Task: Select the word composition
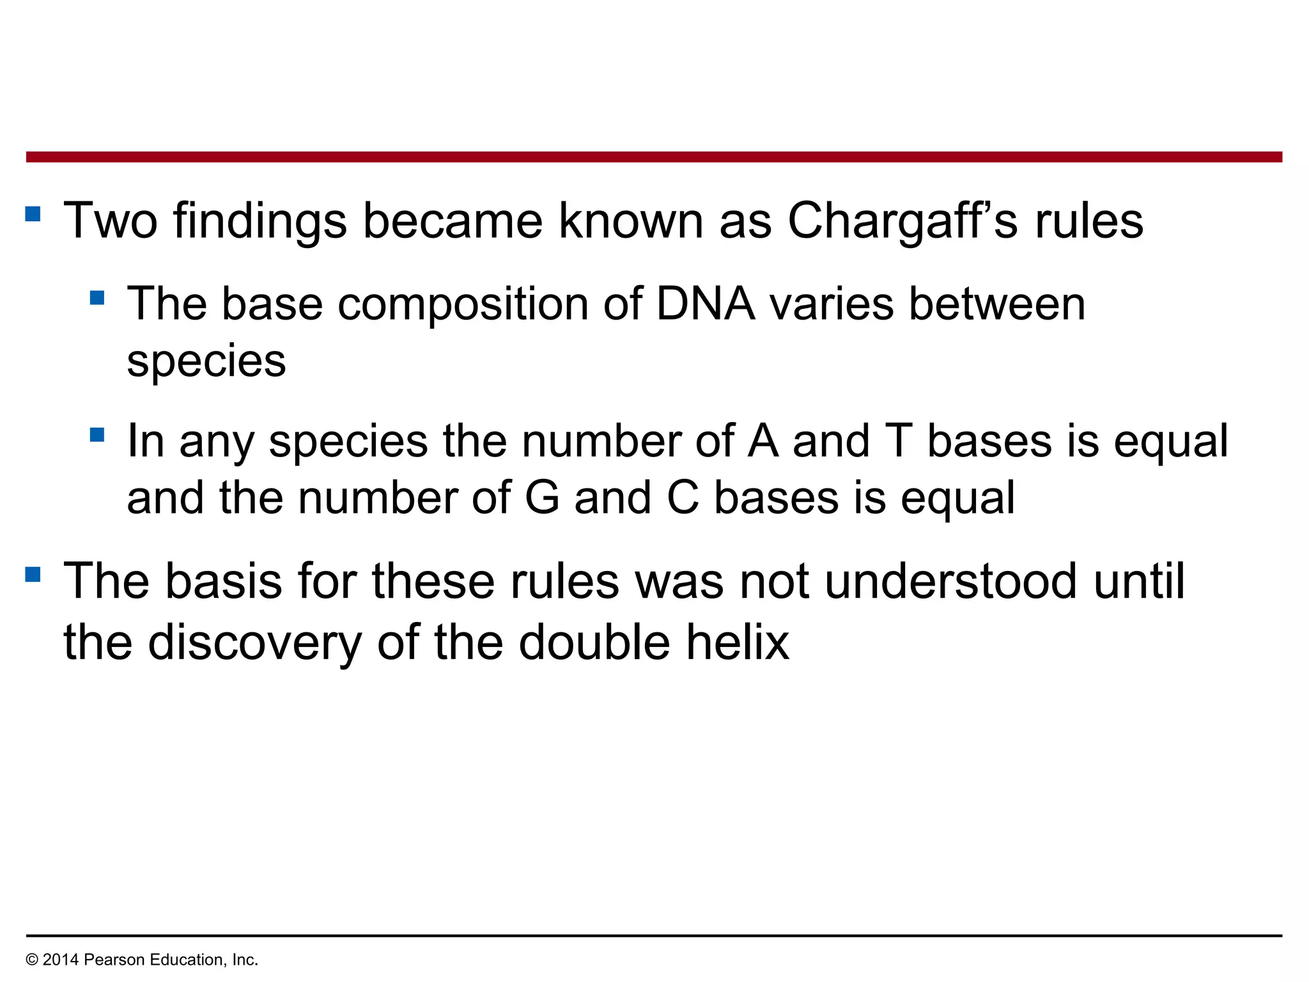tap(463, 304)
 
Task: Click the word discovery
tap(254, 643)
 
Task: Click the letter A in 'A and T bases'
tap(763, 441)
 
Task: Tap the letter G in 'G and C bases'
tap(542, 498)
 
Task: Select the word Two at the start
tap(111, 221)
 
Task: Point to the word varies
tap(832, 304)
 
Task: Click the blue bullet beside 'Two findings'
tap(33, 213)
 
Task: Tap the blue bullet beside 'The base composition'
tap(97, 298)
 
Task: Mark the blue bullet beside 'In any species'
tap(97, 435)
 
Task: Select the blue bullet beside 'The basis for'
tap(33, 573)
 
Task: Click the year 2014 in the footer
tap(61, 960)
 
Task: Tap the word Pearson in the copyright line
tap(110, 960)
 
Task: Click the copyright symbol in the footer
tap(32, 960)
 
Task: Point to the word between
tap(997, 304)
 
